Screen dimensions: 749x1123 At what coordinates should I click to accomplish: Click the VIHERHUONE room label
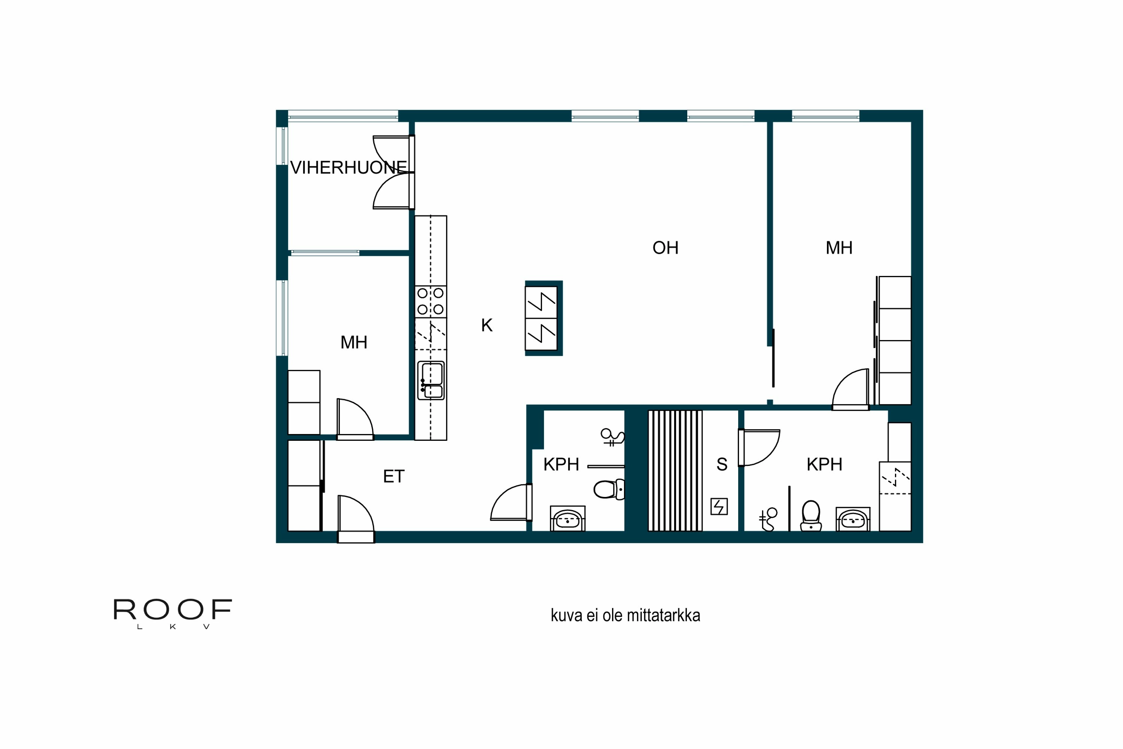(348, 168)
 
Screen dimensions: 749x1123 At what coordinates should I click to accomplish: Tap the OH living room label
(665, 248)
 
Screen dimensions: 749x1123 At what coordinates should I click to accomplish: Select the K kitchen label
(487, 325)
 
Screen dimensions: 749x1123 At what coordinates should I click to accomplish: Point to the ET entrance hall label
(393, 476)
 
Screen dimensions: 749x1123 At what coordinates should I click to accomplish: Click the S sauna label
(721, 464)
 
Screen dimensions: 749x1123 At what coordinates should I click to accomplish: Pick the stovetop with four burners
(430, 301)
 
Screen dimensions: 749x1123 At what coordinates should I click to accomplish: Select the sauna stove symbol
(719, 506)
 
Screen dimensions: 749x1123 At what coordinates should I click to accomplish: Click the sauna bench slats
(675, 470)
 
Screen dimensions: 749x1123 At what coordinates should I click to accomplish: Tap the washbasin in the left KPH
(568, 520)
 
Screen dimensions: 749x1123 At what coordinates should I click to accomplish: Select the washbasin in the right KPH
(853, 520)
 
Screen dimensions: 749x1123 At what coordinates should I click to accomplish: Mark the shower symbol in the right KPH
(768, 519)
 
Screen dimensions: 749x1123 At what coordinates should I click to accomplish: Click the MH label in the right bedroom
(839, 248)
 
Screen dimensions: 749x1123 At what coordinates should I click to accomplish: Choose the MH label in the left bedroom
(353, 342)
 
